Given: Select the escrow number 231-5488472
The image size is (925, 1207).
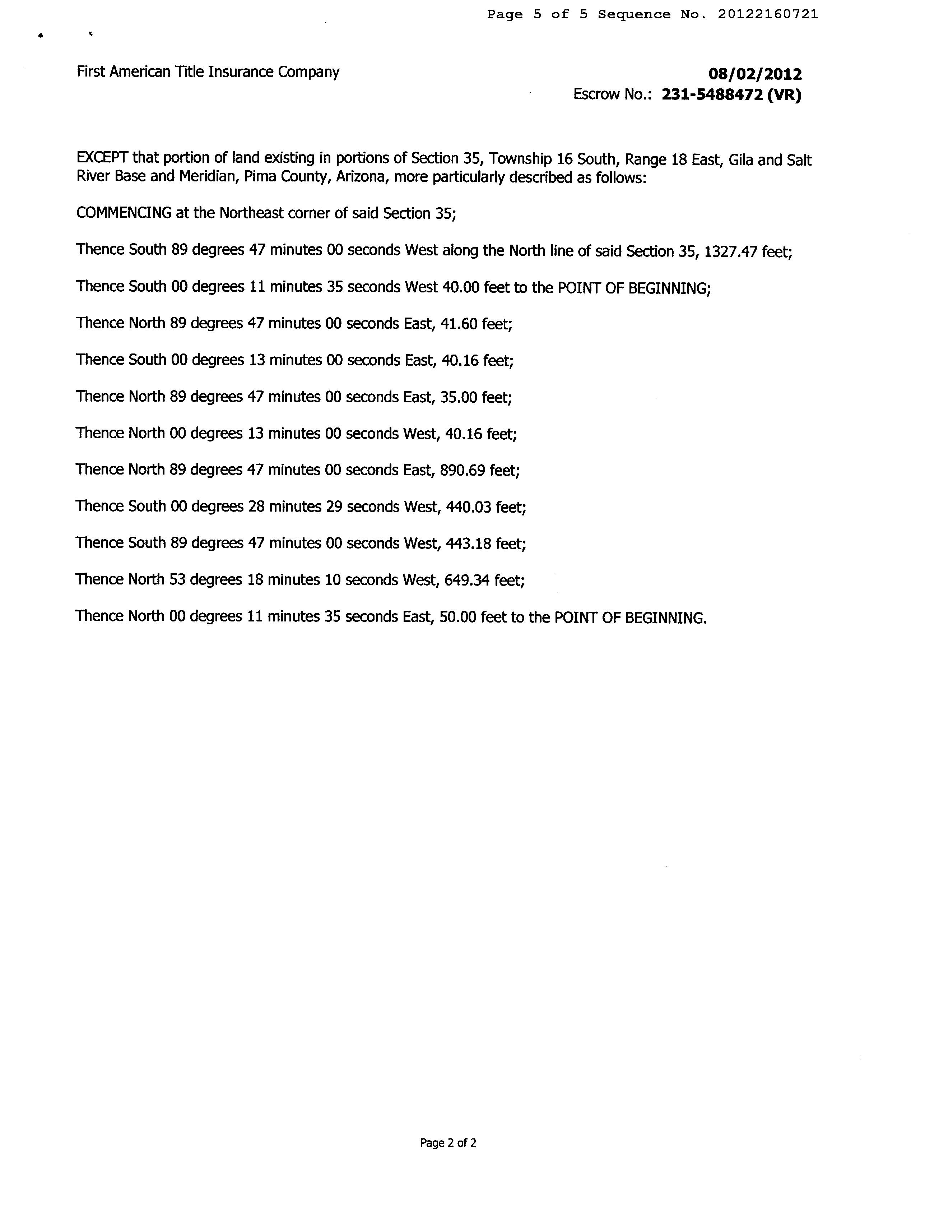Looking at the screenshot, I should point(712,95).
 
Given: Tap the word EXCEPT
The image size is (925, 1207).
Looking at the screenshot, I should point(102,158).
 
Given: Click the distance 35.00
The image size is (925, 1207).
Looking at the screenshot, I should point(459,397).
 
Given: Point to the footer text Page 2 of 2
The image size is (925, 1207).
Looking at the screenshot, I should point(448,1143).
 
